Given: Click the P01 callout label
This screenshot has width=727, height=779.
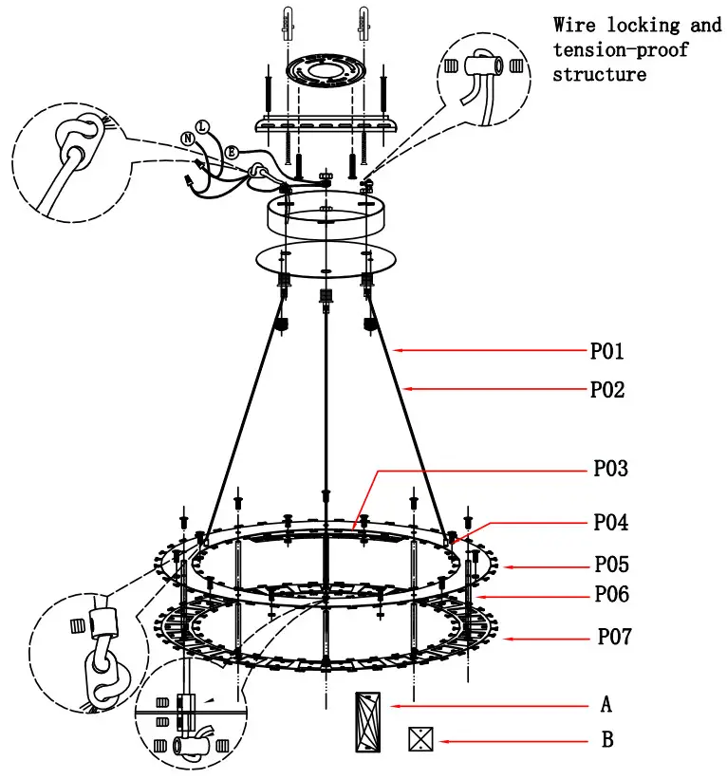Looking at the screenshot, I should coord(606,352).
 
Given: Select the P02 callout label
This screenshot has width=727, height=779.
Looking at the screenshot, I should coord(607,389).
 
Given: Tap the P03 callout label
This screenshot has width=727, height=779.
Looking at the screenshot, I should coord(610,469).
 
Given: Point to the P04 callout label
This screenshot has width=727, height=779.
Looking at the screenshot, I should coord(610,523).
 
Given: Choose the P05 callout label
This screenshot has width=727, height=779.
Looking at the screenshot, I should coord(611,566).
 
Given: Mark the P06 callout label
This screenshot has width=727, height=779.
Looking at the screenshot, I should coord(611,595).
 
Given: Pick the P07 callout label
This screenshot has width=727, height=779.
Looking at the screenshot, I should coord(613,637).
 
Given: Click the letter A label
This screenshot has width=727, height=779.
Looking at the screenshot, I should coord(606,705).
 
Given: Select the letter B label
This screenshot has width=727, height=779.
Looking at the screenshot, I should coord(607,740).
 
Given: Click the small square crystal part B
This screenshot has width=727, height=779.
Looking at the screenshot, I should coord(420,739).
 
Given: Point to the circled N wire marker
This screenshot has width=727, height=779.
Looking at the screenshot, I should coord(188,139).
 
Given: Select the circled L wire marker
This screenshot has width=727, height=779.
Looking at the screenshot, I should coord(201,125).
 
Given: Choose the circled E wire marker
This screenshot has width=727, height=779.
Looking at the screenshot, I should coord(231,151).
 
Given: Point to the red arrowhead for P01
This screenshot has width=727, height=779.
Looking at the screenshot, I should coord(400,351).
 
